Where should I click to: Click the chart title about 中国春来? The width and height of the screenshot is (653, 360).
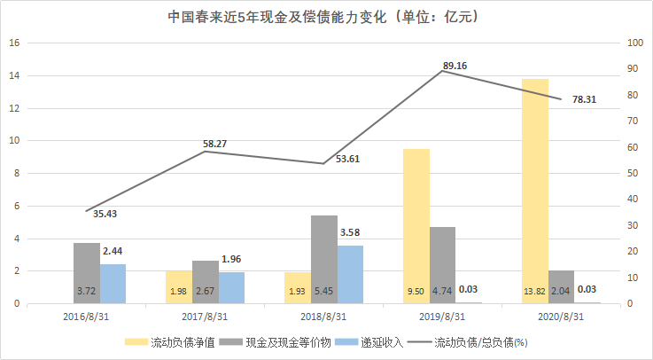(326, 17)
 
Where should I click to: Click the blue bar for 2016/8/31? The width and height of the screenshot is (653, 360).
(113, 284)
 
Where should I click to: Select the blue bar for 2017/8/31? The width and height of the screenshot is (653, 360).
(231, 287)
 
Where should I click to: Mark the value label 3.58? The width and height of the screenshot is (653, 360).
(352, 233)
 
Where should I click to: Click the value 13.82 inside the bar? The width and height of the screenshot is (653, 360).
(534, 290)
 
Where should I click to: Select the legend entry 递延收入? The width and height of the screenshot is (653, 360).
(381, 342)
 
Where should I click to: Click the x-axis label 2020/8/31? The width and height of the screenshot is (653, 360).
(561, 316)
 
